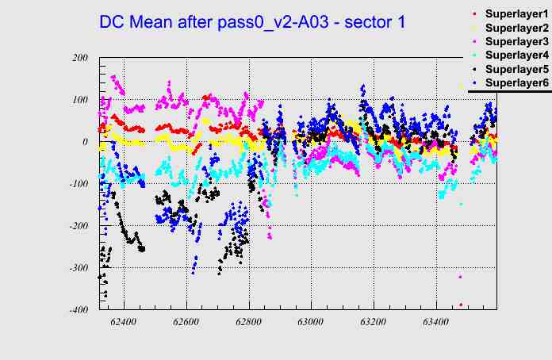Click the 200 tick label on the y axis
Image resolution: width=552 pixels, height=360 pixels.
point(79,58)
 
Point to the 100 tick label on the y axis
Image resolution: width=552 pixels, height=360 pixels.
point(79,100)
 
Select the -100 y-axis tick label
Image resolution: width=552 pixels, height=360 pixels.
point(78,184)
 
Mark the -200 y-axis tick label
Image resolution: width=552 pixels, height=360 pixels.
point(78,226)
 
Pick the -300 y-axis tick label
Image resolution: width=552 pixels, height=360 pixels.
point(78,268)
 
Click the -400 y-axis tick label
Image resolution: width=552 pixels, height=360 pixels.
point(78,310)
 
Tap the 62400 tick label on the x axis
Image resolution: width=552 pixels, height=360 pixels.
point(124,323)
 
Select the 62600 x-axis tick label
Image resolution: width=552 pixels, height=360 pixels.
point(186,323)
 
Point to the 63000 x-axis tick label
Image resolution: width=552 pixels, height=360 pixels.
point(311,323)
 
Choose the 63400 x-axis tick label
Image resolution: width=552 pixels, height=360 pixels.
point(435,323)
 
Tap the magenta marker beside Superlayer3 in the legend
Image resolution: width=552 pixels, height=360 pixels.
point(475,42)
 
